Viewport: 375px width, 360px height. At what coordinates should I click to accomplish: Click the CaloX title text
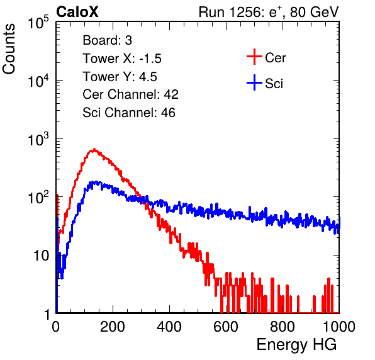[77, 12]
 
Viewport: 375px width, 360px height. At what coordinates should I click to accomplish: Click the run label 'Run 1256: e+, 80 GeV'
[269, 12]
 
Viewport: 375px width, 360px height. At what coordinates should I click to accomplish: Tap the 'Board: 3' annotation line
[107, 40]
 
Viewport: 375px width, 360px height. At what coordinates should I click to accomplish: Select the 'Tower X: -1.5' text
[122, 59]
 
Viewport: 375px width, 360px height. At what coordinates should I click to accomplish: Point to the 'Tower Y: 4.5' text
[120, 77]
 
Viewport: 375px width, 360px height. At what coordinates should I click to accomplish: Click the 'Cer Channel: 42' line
[130, 94]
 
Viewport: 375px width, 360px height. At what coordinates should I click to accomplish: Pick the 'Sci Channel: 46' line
[129, 113]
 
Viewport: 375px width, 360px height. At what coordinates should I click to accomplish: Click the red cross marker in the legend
[254, 57]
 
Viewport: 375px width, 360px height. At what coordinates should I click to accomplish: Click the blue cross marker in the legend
[254, 83]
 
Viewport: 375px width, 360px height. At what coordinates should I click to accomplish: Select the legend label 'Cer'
[275, 58]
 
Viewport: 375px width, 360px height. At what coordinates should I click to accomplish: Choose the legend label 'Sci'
[274, 84]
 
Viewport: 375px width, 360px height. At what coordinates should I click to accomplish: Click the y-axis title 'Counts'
[9, 48]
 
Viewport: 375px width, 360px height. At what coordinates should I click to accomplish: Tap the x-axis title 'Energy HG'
[296, 345]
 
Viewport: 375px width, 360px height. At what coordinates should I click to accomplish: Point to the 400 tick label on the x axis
[169, 327]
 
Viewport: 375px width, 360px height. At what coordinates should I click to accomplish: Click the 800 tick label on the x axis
[283, 327]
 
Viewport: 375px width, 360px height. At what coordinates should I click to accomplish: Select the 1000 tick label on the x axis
[339, 327]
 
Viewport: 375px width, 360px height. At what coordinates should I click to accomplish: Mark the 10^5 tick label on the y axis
[38, 23]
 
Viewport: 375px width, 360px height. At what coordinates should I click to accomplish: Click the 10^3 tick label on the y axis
[38, 139]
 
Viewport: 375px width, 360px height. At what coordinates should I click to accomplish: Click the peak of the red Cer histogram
[94, 149]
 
